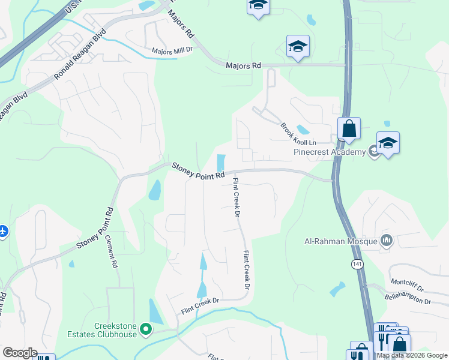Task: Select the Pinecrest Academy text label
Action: [x=329, y=152]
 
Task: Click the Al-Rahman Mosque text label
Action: [x=340, y=242]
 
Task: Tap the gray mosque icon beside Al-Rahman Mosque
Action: [x=387, y=241]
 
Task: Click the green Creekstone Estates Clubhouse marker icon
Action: [x=145, y=329]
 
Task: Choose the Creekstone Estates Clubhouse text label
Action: [x=116, y=330]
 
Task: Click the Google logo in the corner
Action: [x=20, y=353]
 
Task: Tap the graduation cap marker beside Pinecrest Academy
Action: [x=388, y=143]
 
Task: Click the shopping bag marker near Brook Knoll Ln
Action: [x=349, y=128]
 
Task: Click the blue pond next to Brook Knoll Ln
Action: [x=303, y=128]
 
